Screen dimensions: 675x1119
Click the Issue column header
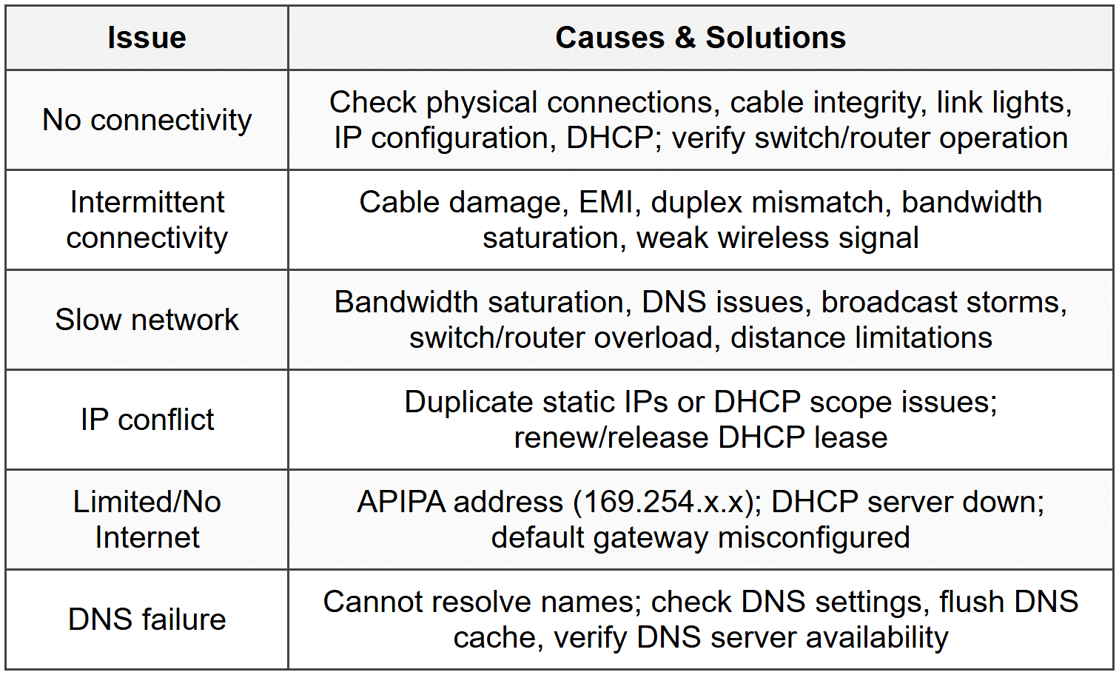coord(147,38)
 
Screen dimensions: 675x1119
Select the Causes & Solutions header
coord(700,38)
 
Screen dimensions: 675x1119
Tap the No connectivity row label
coord(147,120)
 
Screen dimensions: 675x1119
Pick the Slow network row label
coord(147,320)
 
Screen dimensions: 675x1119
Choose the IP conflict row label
coord(147,420)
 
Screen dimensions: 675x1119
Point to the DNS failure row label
coord(147,619)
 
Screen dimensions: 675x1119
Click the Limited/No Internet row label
coord(147,520)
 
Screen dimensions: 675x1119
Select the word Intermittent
coord(147,202)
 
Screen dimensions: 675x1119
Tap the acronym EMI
coord(606,202)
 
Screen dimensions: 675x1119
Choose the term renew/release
coord(612,437)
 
